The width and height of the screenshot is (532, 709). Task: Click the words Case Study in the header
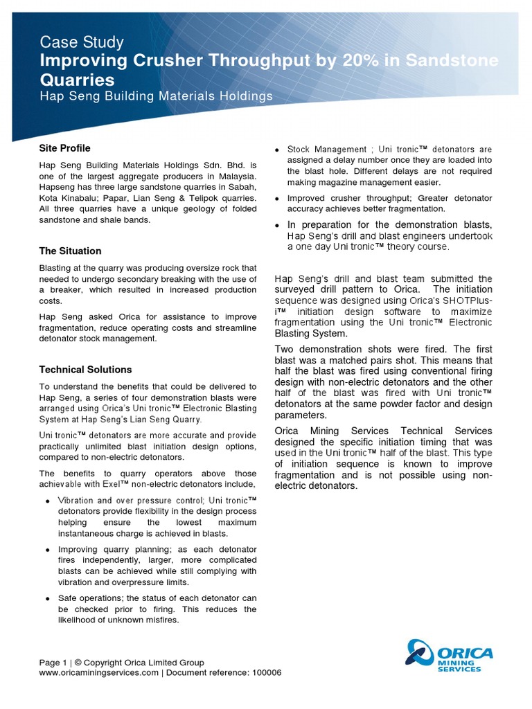(x=81, y=42)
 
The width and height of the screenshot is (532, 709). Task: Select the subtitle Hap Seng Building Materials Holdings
(x=156, y=96)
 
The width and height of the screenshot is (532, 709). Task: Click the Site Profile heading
(x=64, y=148)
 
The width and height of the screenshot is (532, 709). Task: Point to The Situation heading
(x=70, y=251)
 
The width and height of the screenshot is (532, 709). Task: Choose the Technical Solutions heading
(x=85, y=370)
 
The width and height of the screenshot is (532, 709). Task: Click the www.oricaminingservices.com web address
(x=99, y=672)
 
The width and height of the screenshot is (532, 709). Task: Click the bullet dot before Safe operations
(x=48, y=598)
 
